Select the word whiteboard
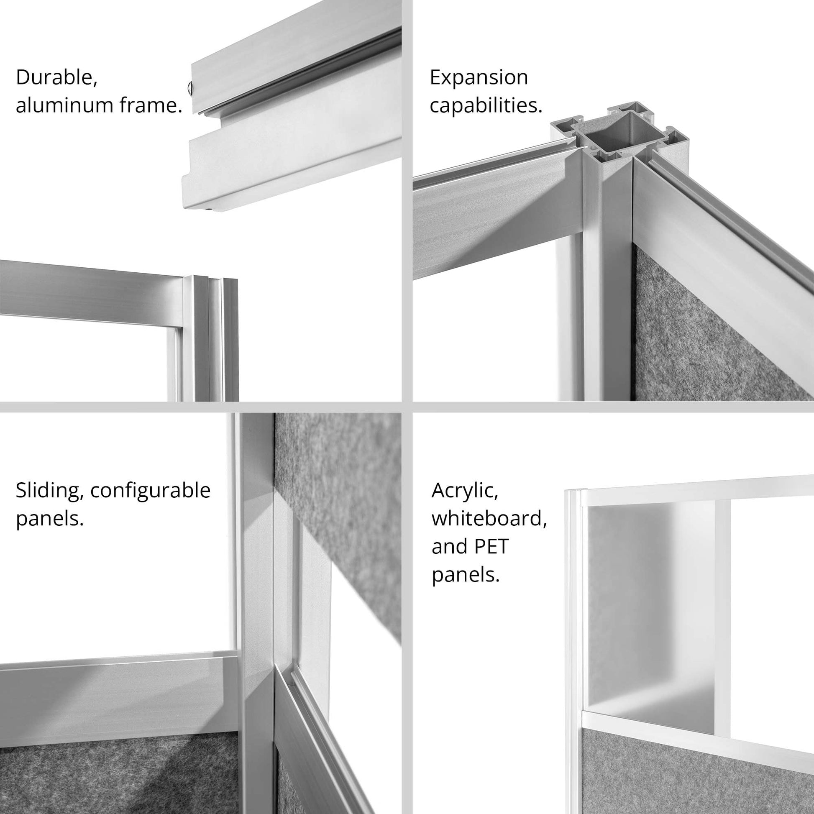pyautogui.click(x=489, y=519)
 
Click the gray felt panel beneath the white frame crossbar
pyautogui.click(x=695, y=771)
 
